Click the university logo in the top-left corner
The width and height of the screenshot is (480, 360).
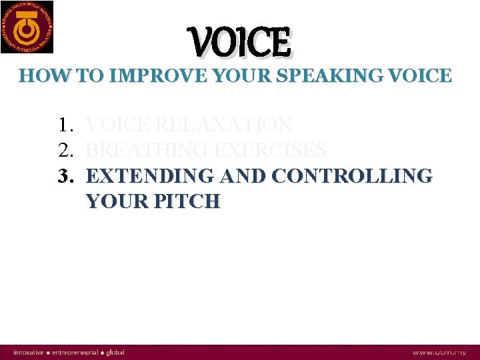tap(27, 27)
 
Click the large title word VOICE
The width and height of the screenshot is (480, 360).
tap(241, 43)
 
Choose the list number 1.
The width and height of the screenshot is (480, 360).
tap(65, 125)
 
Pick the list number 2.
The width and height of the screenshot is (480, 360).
tap(65, 150)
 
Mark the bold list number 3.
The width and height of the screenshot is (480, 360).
tap(65, 176)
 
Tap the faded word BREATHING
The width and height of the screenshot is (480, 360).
tap(145, 150)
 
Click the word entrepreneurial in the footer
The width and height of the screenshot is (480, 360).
tap(76, 352)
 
